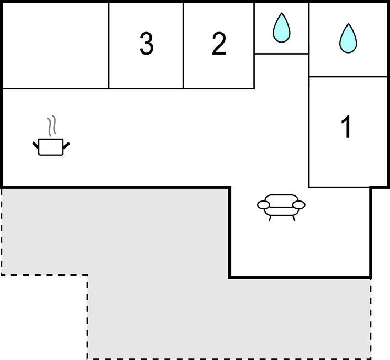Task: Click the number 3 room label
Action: click(146, 44)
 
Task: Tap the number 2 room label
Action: click(219, 44)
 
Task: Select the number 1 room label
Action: click(346, 126)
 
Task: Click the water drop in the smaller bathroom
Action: click(281, 28)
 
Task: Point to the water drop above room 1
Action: click(348, 38)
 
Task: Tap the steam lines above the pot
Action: click(52, 125)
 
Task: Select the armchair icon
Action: click(281, 208)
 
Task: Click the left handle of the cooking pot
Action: click(36, 145)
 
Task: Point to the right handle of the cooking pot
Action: click(66, 146)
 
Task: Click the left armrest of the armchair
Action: click(263, 205)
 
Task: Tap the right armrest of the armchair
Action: click(299, 205)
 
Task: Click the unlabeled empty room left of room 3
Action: click(55, 45)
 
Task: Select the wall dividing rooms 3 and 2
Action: click(183, 45)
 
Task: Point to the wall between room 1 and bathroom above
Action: click(348, 77)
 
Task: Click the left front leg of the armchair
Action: click(270, 218)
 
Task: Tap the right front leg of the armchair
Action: click(293, 218)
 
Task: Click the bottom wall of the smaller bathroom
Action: click(281, 54)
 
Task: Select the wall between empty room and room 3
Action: click(109, 45)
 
